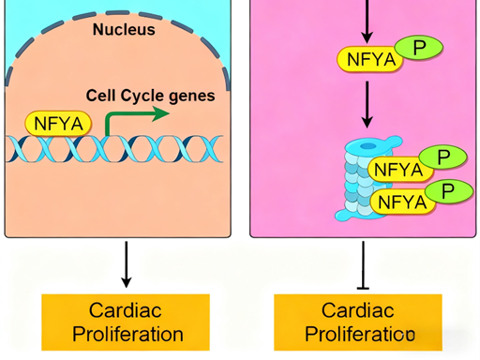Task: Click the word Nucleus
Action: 123,29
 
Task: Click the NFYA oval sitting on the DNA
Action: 58,124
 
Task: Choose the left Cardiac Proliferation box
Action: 136,322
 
